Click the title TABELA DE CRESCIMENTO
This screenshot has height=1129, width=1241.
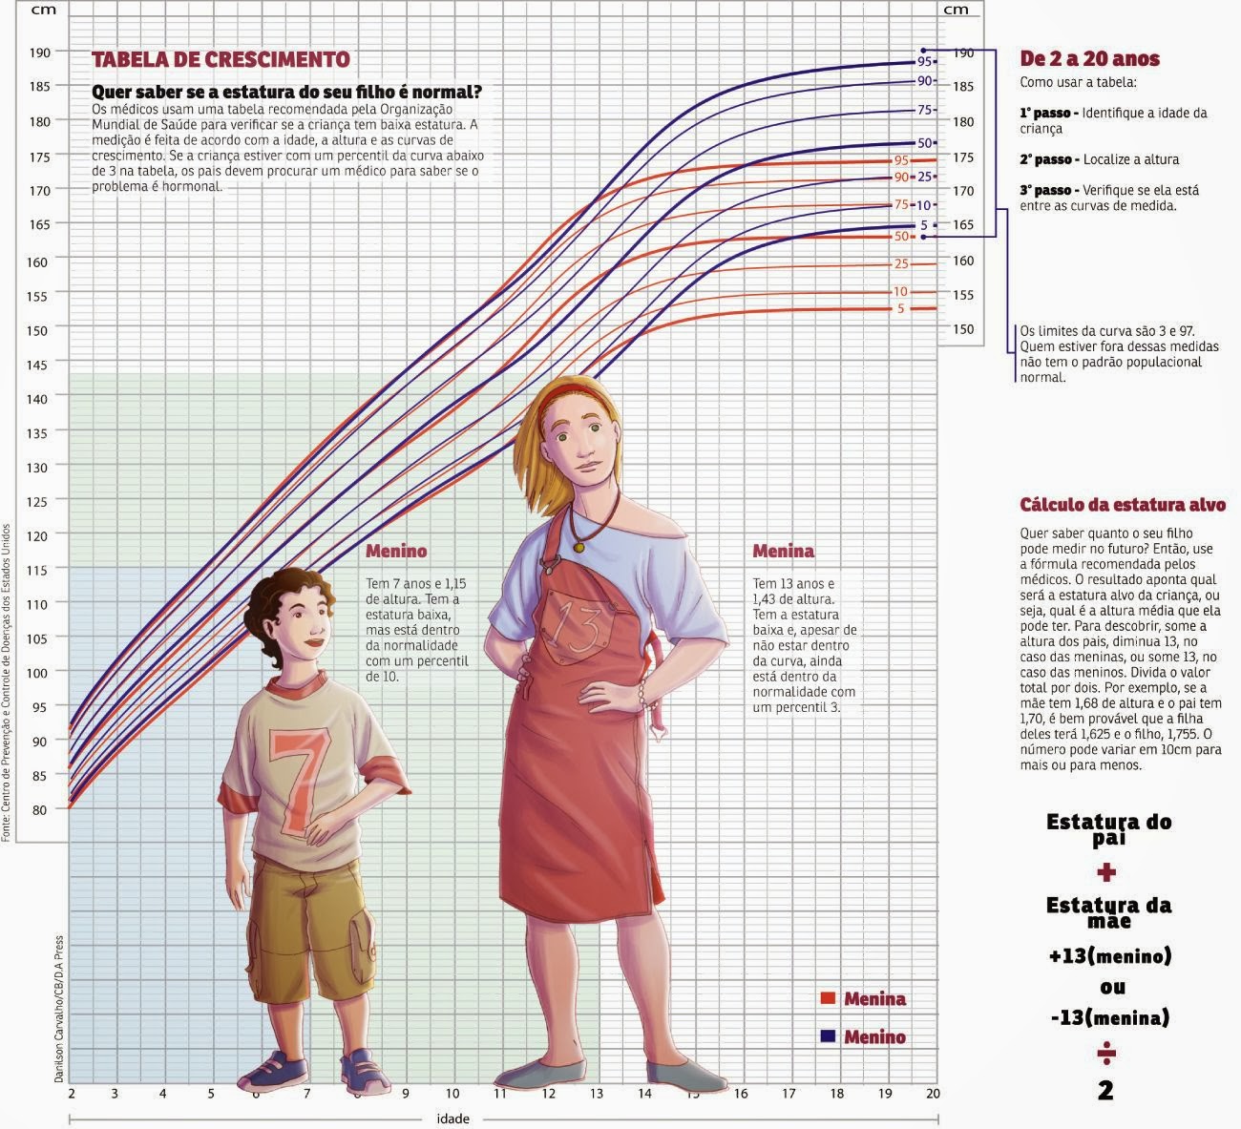[221, 59]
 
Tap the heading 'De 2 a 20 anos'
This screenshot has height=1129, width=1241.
[1089, 59]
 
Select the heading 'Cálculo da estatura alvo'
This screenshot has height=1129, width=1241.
[1123, 505]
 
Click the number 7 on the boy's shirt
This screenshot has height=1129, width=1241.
[299, 777]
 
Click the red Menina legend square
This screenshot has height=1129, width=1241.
[828, 998]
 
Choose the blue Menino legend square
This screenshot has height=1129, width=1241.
[828, 1036]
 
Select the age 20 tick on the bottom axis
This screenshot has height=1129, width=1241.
[933, 1094]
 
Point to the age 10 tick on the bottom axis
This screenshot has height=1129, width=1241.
[452, 1094]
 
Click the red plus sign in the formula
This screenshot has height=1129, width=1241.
[1106, 872]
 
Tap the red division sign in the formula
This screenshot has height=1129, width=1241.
[1106, 1054]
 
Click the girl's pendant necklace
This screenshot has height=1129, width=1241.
[578, 548]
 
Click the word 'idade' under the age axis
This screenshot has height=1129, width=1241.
[452, 1118]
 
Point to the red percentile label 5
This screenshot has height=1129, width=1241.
[900, 308]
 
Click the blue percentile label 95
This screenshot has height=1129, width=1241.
[924, 61]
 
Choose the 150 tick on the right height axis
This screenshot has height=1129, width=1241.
[962, 329]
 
